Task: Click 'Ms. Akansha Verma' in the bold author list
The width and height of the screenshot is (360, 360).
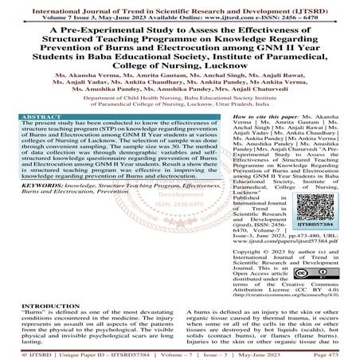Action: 88,72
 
